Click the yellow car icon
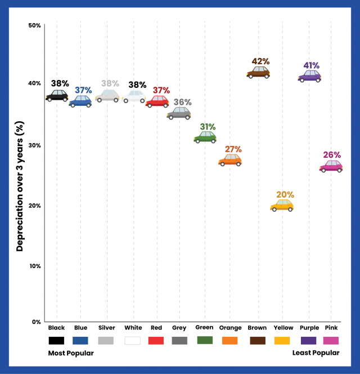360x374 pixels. click(282, 206)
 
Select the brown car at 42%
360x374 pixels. click(258, 72)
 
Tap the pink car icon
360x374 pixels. click(331, 166)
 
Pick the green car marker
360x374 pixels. click(205, 137)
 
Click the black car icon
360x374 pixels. click(57, 96)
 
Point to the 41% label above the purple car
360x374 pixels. click(311, 65)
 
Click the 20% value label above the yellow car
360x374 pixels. click(285, 195)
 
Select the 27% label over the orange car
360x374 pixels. click(233, 149)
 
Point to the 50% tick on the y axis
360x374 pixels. click(34, 25)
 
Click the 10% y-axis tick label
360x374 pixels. click(34, 265)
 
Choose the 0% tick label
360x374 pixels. click(35, 322)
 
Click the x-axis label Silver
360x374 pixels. click(106, 328)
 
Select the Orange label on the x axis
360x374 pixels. click(231, 328)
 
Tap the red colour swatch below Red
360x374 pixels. click(156, 340)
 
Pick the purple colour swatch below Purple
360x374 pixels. click(309, 340)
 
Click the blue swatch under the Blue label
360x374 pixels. click(80, 340)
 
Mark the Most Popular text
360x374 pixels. click(70, 353)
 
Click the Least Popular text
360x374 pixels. click(316, 353)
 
